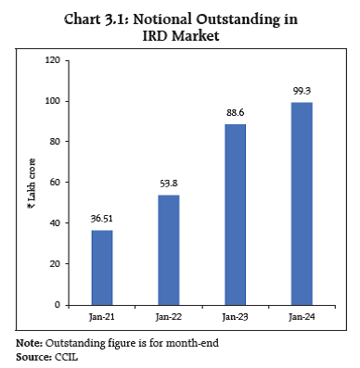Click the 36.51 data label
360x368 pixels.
pyautogui.click(x=102, y=219)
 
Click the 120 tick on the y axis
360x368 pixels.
pyautogui.click(x=54, y=60)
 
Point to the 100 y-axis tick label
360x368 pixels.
pyautogui.click(x=54, y=101)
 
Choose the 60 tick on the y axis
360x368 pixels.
pyautogui.click(x=56, y=183)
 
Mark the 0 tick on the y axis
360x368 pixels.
pyautogui.click(x=58, y=304)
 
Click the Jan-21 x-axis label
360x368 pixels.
pyautogui.click(x=102, y=318)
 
